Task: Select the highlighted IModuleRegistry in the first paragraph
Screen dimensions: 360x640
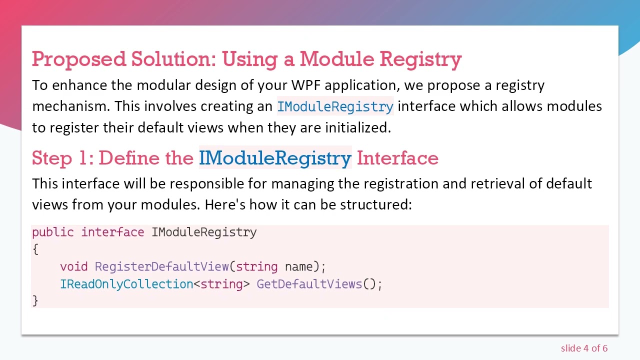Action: tap(335, 106)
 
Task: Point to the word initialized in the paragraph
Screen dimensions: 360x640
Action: tap(357, 127)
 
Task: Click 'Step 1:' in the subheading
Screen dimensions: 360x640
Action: tap(62, 158)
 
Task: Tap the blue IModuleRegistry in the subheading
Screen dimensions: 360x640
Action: tap(275, 158)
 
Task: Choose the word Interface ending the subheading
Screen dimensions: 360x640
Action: tap(397, 158)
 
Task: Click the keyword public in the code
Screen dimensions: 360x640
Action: tap(52, 232)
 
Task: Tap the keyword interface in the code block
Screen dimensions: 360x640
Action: tap(112, 232)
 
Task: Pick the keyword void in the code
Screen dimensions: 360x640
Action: tap(73, 266)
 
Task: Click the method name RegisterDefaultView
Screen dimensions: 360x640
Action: tap(161, 266)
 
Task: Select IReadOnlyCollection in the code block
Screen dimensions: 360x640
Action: tap(126, 284)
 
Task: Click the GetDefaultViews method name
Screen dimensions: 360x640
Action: tap(309, 284)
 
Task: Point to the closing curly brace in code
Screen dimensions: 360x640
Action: tap(35, 300)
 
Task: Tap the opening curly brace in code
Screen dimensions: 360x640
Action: tap(35, 249)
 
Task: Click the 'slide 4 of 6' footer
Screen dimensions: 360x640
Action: tap(584, 348)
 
